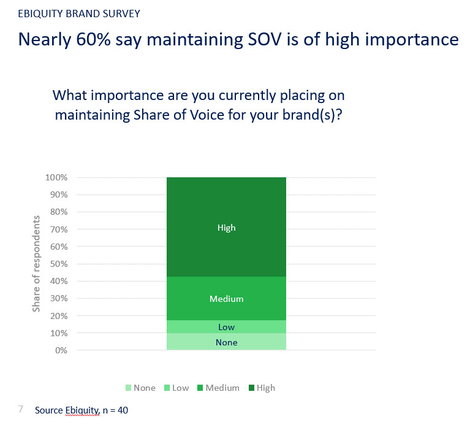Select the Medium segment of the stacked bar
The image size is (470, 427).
[226, 299]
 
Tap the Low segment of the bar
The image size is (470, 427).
[226, 327]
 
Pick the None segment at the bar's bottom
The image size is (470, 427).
[226, 342]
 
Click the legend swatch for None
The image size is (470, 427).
[127, 388]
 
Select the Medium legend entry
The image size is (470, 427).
[218, 388]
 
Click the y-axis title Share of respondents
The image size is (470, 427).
[36, 264]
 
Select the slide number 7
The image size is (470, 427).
[21, 409]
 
